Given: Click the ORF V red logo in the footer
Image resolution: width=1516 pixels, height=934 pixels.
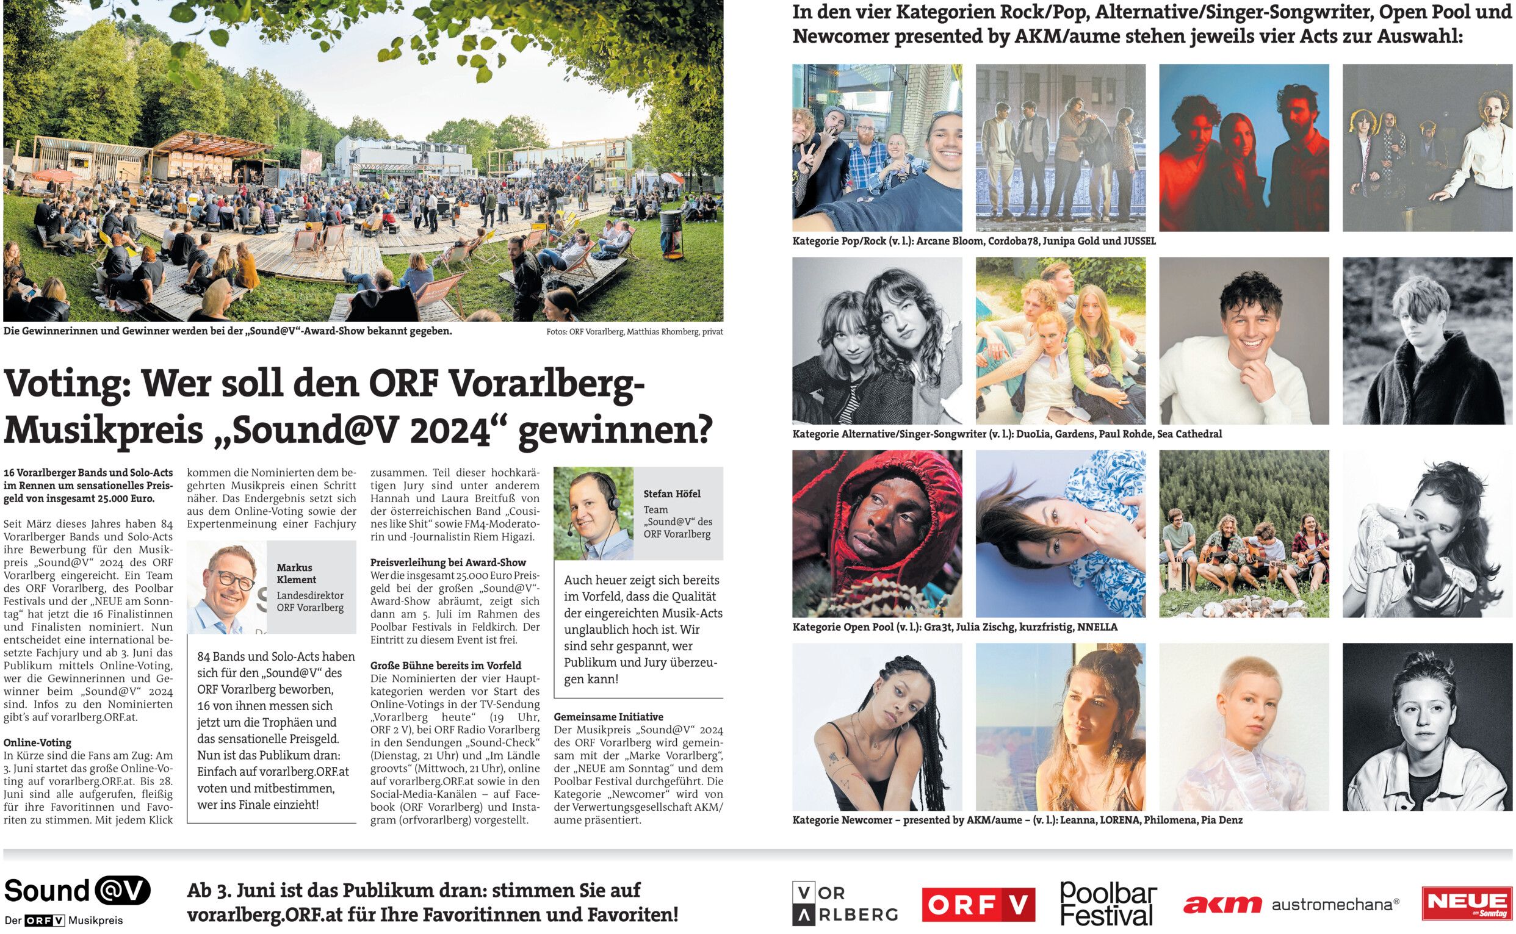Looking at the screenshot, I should coord(978,905).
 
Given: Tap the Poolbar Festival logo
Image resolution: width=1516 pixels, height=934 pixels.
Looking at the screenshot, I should coord(1108,903).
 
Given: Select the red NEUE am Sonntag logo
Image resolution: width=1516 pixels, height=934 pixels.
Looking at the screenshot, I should coord(1467,903).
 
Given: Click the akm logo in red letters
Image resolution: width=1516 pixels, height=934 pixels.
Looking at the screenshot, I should coord(1222,905).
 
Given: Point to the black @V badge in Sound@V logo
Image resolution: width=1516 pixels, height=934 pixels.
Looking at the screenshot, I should coord(121,891).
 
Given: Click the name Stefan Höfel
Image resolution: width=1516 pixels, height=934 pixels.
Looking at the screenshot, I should coord(672,494).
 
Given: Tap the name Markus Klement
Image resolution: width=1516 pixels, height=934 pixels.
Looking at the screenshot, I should coord(296,573).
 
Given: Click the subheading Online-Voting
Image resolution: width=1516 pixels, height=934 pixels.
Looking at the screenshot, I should coord(37,742).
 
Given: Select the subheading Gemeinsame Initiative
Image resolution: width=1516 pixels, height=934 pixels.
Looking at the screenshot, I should coord(608,717).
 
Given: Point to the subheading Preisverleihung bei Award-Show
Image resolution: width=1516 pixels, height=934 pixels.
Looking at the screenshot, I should coord(448,562).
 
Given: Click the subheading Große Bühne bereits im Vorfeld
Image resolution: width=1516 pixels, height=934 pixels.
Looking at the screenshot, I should coord(446,666).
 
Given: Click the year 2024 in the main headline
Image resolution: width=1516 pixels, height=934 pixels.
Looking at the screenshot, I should coord(450,430).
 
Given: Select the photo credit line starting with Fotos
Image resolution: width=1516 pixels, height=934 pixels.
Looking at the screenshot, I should coord(634,332).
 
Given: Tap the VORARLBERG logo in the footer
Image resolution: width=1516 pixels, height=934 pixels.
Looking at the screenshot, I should coord(844,903).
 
